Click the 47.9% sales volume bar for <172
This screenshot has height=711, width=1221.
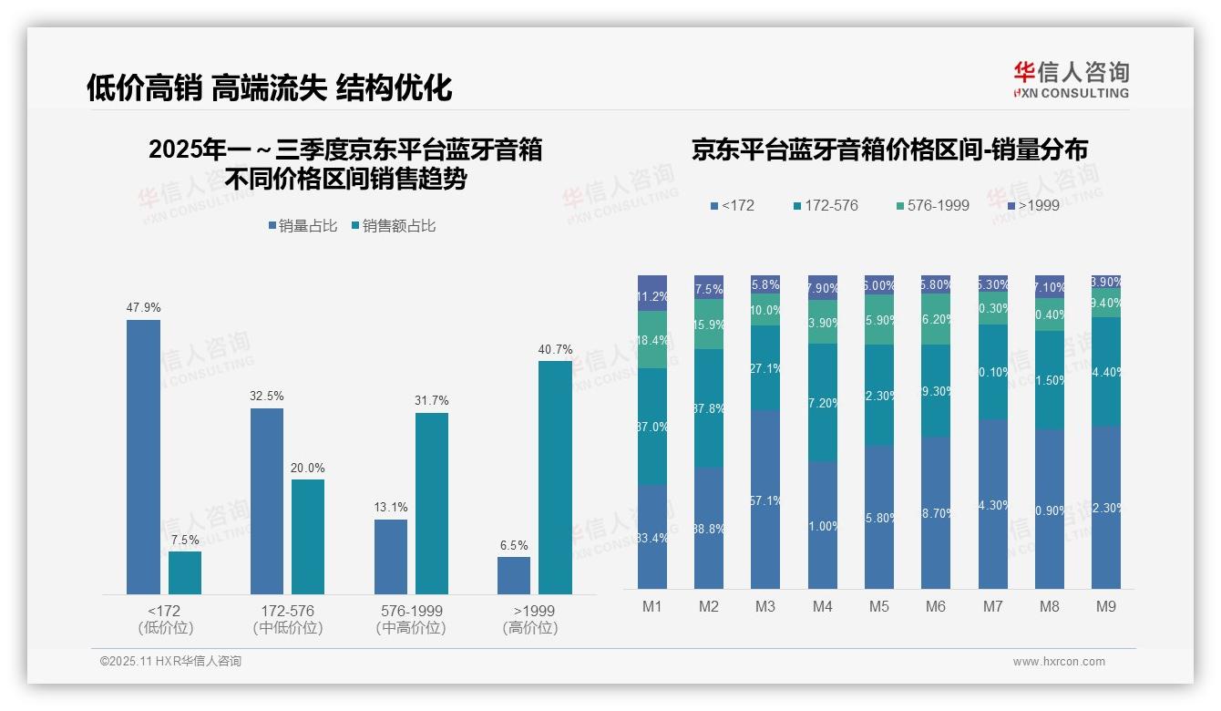coord(143,457)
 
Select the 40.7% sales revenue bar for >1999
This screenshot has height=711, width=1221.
coord(555,478)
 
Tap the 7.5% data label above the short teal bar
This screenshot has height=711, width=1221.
coord(184,540)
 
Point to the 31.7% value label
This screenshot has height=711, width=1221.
coord(431,401)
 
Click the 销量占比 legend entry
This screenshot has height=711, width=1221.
coord(305,226)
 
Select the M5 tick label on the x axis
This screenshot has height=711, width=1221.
coord(879,606)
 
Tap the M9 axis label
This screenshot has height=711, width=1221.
coord(1105,606)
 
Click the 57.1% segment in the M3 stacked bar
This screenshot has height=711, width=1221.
coord(765,500)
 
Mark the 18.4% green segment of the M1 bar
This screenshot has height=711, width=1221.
coord(652,339)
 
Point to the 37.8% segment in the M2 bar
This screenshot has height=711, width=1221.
coord(709,408)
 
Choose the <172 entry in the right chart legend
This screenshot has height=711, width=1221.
coord(733,205)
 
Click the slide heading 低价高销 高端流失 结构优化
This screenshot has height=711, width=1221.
coord(269,88)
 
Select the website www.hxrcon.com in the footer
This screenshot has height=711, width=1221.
coord(1059,662)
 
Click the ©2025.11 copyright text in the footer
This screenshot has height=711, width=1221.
coord(170,662)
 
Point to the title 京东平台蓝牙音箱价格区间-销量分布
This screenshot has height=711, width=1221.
coord(889,150)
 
